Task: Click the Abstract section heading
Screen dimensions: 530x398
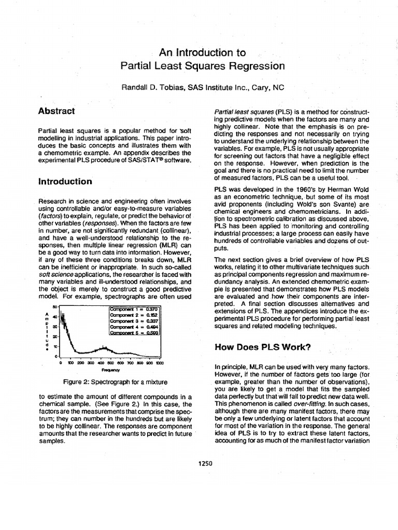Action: [57, 111]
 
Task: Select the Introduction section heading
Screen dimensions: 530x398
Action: [65, 182]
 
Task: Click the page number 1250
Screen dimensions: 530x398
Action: [205, 463]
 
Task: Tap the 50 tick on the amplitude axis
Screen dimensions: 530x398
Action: [54, 307]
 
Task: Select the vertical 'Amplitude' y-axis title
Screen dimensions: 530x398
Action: [48, 332]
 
